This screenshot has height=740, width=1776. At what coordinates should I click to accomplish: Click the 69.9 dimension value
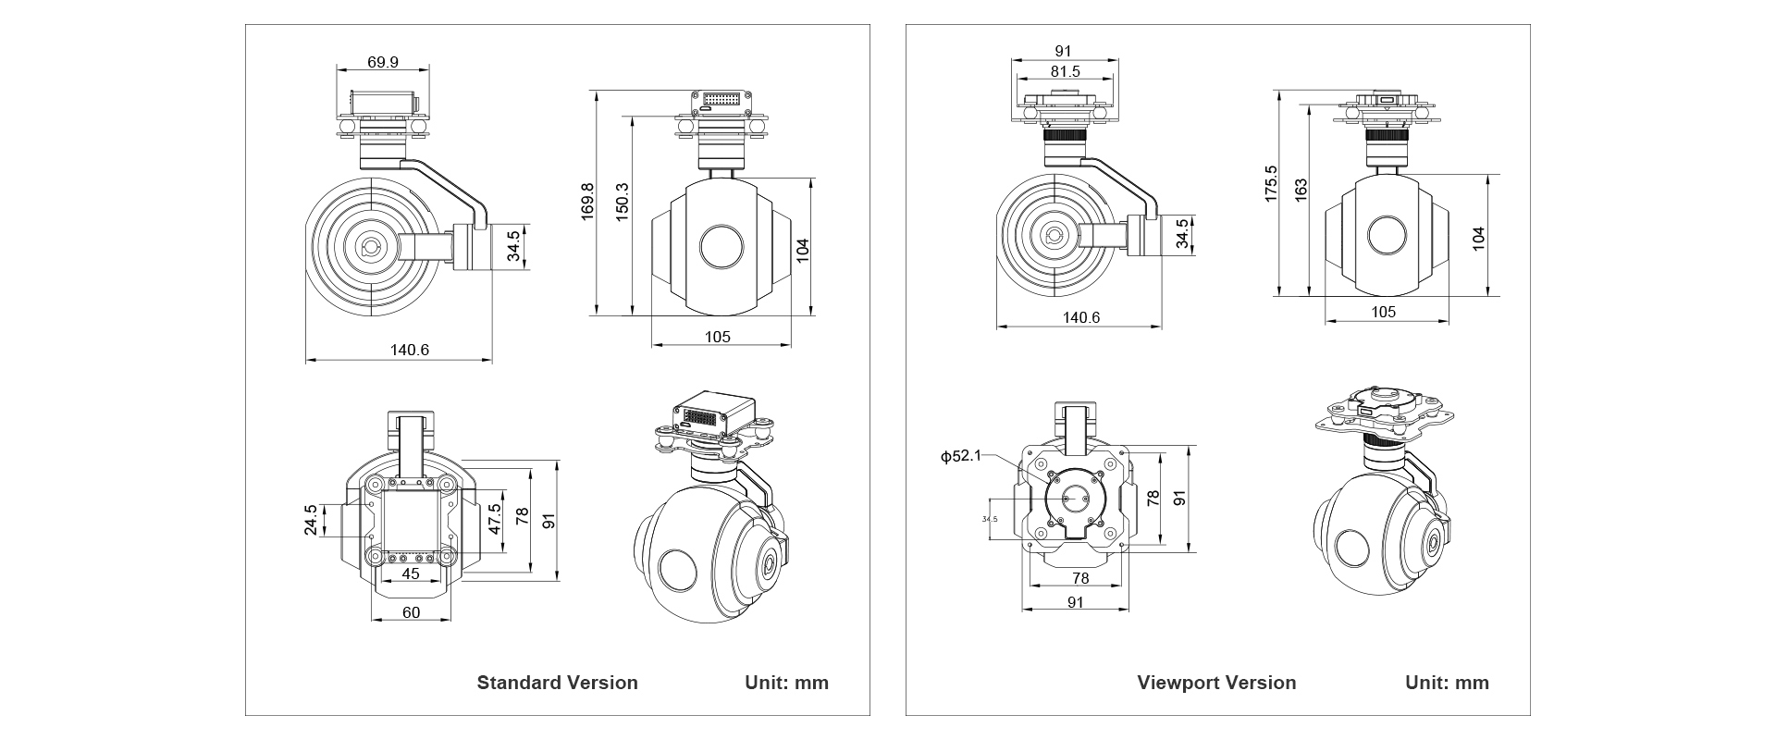[382, 62]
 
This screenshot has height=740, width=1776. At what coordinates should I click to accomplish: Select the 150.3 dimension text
[623, 201]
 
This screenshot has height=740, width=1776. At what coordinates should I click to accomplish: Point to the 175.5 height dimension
[1271, 184]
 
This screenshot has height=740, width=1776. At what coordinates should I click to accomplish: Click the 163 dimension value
[1301, 191]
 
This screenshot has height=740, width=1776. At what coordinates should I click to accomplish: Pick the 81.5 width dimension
[1065, 71]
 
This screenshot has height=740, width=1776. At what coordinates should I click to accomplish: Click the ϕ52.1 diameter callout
[960, 456]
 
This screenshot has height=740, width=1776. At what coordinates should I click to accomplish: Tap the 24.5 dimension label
[311, 520]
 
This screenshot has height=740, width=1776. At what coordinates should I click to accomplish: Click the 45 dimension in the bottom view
[411, 573]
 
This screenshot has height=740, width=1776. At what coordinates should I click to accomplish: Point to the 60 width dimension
[411, 612]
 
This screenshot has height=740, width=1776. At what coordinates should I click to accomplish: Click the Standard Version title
[557, 683]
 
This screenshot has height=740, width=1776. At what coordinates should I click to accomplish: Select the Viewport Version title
[1216, 683]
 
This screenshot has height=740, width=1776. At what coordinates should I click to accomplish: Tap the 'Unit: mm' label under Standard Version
[786, 683]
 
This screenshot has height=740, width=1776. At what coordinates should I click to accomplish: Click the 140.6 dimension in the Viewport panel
[1080, 317]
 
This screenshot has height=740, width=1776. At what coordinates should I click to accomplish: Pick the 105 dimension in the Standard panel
[718, 337]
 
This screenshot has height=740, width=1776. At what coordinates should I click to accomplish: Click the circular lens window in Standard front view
[722, 246]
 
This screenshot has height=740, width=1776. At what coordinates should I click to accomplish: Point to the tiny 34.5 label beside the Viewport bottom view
[990, 519]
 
